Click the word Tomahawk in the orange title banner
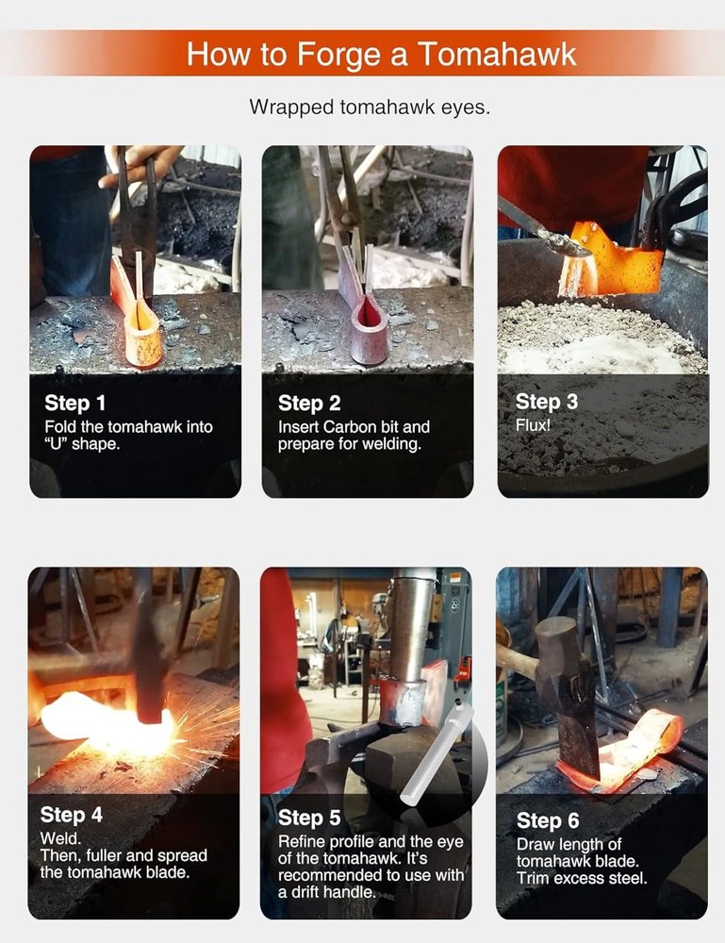[x=497, y=54]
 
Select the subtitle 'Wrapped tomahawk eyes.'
[x=370, y=108]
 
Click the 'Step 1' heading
[x=74, y=403]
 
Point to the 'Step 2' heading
[x=309, y=403]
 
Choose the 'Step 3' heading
[x=547, y=401]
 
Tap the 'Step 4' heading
[x=71, y=815]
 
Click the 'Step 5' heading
[x=309, y=818]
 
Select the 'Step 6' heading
[x=548, y=820]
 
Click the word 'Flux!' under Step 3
[x=533, y=425]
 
